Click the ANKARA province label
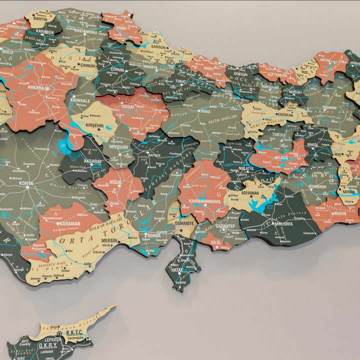coord(36,86)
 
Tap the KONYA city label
coord(26,183)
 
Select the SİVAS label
coord(205,111)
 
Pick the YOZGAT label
coord(127,106)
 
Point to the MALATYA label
coord(245,169)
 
